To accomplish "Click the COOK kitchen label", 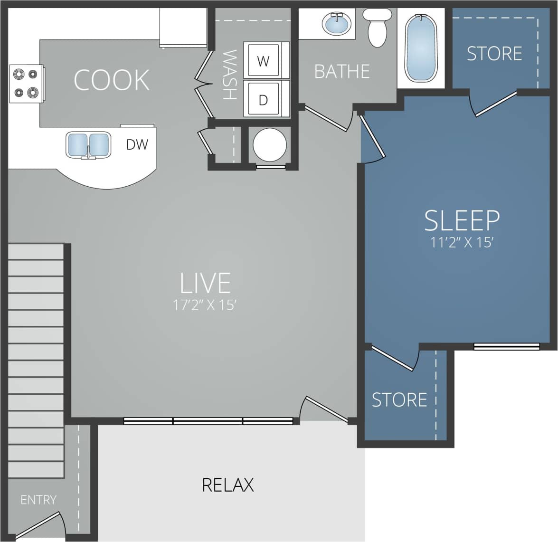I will pos(112,80).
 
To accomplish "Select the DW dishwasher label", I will pos(137,144).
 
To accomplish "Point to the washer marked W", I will pos(263,60).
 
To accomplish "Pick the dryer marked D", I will pos(263,99).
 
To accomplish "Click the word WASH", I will pos(229,75).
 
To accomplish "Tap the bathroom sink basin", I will pos(337,22).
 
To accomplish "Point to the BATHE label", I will pos(342,72).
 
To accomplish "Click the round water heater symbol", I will pos(270,145).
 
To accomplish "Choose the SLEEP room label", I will pos(462,220).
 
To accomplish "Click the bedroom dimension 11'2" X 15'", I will pos(462,243).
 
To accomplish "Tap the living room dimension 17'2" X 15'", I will pos(205,305).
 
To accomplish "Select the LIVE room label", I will pos(205,283).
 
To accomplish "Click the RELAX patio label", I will pos(228,485).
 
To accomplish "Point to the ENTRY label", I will pos(38,500).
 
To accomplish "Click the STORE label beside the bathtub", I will pos(494,54).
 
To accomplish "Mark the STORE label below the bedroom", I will pos(399,400).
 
